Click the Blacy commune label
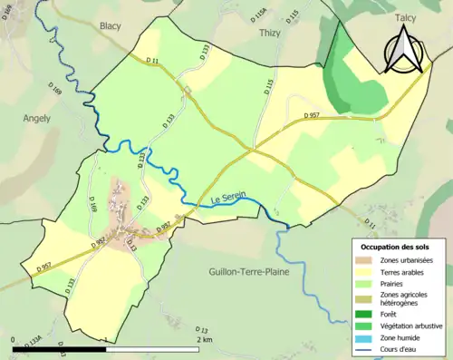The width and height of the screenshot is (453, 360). tap(111, 26)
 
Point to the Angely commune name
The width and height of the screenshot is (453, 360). tap(37, 118)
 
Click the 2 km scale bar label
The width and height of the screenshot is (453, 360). tap(203, 340)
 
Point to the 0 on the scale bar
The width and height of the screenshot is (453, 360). tap(14, 340)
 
